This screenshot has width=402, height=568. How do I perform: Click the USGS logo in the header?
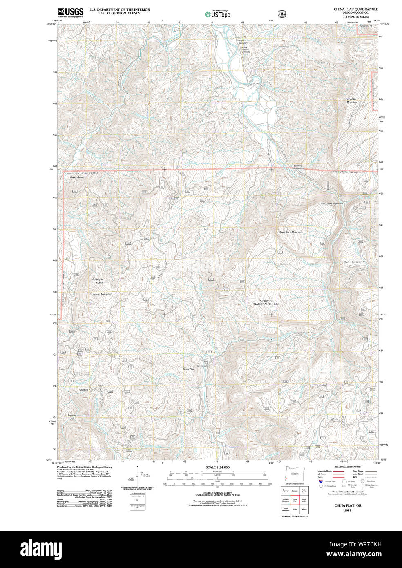(x=70, y=12)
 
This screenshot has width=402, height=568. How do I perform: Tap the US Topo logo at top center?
(x=218, y=14)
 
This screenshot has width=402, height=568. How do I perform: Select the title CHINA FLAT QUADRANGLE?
(x=355, y=9)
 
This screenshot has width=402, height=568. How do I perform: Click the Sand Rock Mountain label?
(x=290, y=232)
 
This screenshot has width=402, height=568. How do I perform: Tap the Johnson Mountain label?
(x=101, y=294)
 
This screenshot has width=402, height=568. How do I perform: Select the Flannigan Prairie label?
(x=97, y=281)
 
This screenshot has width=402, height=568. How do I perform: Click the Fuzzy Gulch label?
(x=77, y=177)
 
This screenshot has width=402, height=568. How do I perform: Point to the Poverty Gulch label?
(x=72, y=417)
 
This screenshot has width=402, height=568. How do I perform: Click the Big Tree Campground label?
(x=353, y=262)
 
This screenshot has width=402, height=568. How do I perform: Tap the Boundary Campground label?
(x=298, y=167)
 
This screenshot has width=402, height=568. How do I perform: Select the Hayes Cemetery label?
(x=245, y=42)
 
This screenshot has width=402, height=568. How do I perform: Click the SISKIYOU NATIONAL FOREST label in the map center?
(x=266, y=302)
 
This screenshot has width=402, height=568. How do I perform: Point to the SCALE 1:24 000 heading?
(x=217, y=467)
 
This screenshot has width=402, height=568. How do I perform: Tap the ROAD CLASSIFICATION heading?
(x=347, y=467)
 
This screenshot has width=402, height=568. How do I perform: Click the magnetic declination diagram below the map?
(x=137, y=476)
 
